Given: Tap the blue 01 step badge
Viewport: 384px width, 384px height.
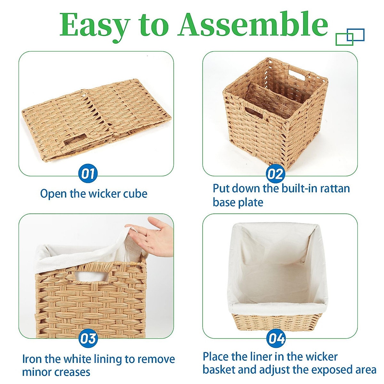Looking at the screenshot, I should (x=88, y=174).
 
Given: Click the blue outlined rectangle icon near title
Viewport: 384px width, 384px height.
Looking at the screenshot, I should (x=356, y=35).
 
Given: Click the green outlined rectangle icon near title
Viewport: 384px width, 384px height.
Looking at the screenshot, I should (x=344, y=39).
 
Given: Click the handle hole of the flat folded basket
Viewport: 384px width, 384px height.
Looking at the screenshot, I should (x=74, y=142).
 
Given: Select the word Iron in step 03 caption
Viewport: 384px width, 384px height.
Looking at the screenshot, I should (x=32, y=359).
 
